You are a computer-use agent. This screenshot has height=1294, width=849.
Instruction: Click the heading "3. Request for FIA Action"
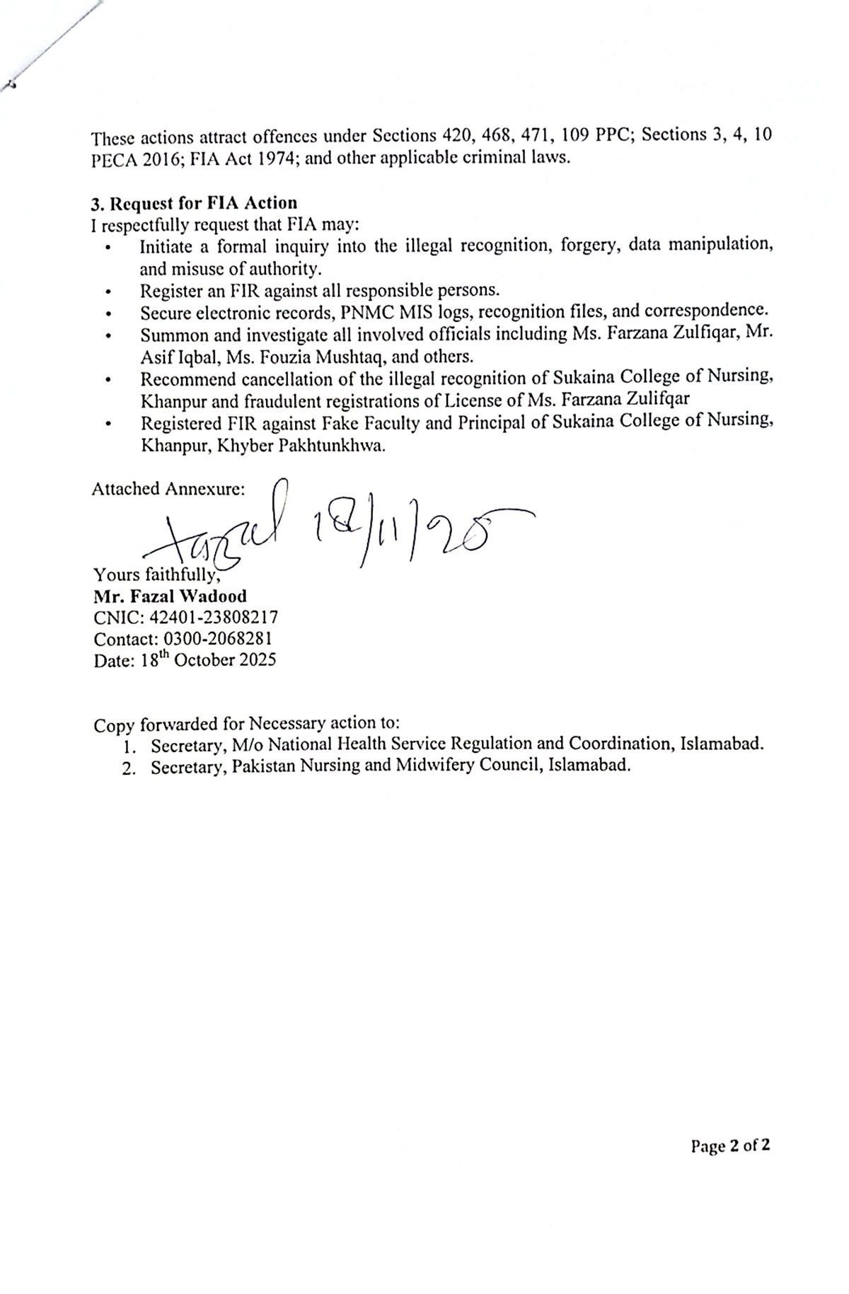pos(194,203)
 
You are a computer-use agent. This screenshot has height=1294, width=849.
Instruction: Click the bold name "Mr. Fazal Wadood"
pos(170,596)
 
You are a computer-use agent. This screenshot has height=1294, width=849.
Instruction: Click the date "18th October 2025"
pos(206,659)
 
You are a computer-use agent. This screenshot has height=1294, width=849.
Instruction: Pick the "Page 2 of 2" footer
pos(730,1145)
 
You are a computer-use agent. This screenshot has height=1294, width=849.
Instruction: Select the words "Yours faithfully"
pos(156,574)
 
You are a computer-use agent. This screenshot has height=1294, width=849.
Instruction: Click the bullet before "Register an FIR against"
pos(108,291)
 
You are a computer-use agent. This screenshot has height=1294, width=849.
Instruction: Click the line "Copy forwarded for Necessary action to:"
pos(246,724)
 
